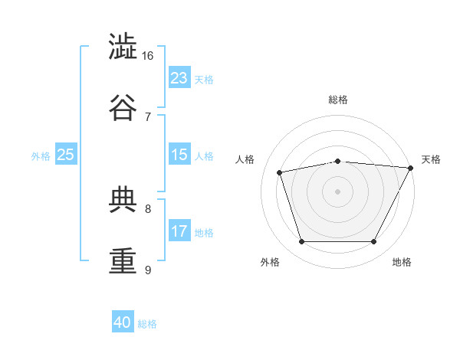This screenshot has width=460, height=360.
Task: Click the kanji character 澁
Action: pos(124,47)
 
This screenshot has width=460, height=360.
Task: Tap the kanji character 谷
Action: pos(124,108)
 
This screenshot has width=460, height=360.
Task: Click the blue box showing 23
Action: pos(179,78)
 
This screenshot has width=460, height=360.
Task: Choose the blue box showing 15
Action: pos(179,155)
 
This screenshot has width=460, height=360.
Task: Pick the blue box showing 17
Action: pos(179,231)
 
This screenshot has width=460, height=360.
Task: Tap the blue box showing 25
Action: pos(66,155)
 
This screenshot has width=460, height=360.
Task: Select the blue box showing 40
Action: pos(123,322)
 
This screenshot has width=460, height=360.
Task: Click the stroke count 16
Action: pos(148,55)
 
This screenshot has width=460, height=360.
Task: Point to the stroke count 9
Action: pos(148,270)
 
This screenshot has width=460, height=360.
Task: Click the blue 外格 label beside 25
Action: pos(41,155)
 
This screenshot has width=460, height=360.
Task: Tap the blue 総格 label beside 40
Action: pos(147,323)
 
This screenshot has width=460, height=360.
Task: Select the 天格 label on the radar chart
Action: pos(431,159)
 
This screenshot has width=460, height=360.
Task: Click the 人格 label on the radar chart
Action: pos(245,159)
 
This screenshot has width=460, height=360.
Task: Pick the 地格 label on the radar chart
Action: pos(402,262)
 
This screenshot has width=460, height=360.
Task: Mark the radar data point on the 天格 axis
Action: pos(411,168)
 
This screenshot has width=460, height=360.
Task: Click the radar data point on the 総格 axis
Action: pos(337,161)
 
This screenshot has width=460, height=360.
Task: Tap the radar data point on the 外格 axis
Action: pos(301,242)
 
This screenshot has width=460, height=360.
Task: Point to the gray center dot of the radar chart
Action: pos(337,191)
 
